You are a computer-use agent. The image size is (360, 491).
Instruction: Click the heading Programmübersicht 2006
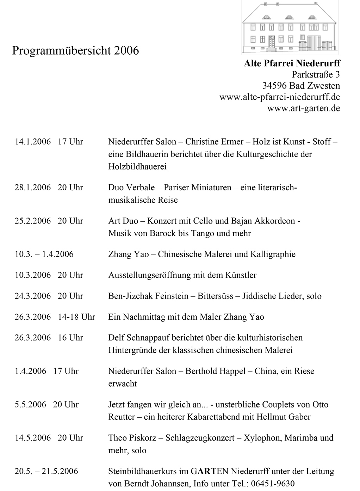tap(75, 51)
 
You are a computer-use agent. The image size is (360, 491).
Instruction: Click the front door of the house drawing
tap(272, 43)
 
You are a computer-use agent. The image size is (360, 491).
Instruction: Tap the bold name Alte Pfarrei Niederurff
tap(292, 63)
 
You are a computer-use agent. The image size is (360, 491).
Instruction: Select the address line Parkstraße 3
tap(316, 75)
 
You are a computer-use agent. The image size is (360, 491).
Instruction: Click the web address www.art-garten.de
tap(304, 108)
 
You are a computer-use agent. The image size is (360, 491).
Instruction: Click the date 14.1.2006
tap(32, 142)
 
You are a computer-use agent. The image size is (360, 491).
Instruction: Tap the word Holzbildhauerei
tap(137, 166)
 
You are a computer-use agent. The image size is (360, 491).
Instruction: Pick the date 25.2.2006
tap(32, 221)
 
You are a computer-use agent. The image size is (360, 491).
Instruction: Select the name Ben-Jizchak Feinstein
tap(148, 296)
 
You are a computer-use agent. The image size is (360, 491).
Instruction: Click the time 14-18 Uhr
tap(76, 317)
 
